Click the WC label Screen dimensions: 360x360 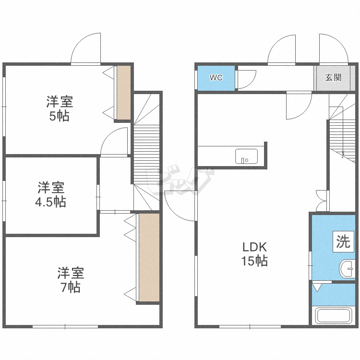coord(216,78)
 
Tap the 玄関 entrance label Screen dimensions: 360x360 coord(333,77)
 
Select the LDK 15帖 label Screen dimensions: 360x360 coord(254,254)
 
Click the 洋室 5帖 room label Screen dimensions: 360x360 coord(60,108)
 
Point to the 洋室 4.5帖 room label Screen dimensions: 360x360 coord(51,195)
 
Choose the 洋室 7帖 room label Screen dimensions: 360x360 coord(71,280)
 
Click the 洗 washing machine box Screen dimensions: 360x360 coord(343,242)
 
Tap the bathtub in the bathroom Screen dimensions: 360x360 coord(334,315)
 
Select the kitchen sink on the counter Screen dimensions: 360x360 coord(246,156)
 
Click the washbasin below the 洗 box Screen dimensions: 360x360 coord(347,269)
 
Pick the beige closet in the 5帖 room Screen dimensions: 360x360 coord(124,93)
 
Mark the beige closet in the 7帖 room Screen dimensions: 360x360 coord(149,258)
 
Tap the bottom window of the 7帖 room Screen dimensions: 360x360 coord(65,326)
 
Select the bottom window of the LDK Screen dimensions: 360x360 coord(250,326)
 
